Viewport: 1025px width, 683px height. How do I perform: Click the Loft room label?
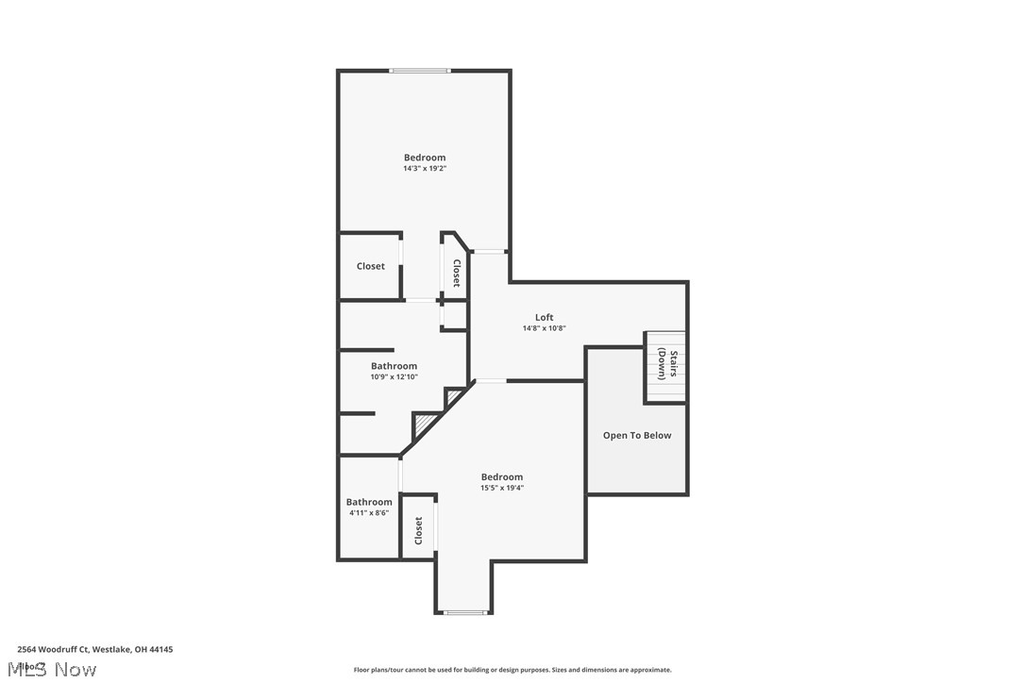pos(544,317)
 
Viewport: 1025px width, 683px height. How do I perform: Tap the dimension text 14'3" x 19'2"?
pos(424,169)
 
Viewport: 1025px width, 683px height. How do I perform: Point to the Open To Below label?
pos(637,435)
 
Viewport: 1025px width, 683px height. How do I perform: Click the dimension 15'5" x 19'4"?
pos(501,488)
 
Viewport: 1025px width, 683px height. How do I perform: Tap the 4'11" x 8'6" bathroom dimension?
pos(368,513)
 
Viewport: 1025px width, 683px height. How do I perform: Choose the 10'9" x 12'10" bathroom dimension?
pos(394,376)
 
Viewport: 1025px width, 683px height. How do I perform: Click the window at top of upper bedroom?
pos(420,71)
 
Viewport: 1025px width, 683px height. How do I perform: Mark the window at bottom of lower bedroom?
pos(464,613)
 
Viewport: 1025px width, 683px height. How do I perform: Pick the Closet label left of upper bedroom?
pos(370,266)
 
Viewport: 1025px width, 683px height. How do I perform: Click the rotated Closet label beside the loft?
pos(456,274)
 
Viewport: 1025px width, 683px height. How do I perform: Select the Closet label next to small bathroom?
pos(418,530)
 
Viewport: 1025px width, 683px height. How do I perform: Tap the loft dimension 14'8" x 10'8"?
pos(544,328)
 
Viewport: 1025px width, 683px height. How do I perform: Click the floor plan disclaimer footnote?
pos(512,670)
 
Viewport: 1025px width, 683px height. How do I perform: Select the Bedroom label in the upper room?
pos(424,158)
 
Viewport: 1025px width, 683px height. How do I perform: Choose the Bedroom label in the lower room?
pos(501,476)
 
